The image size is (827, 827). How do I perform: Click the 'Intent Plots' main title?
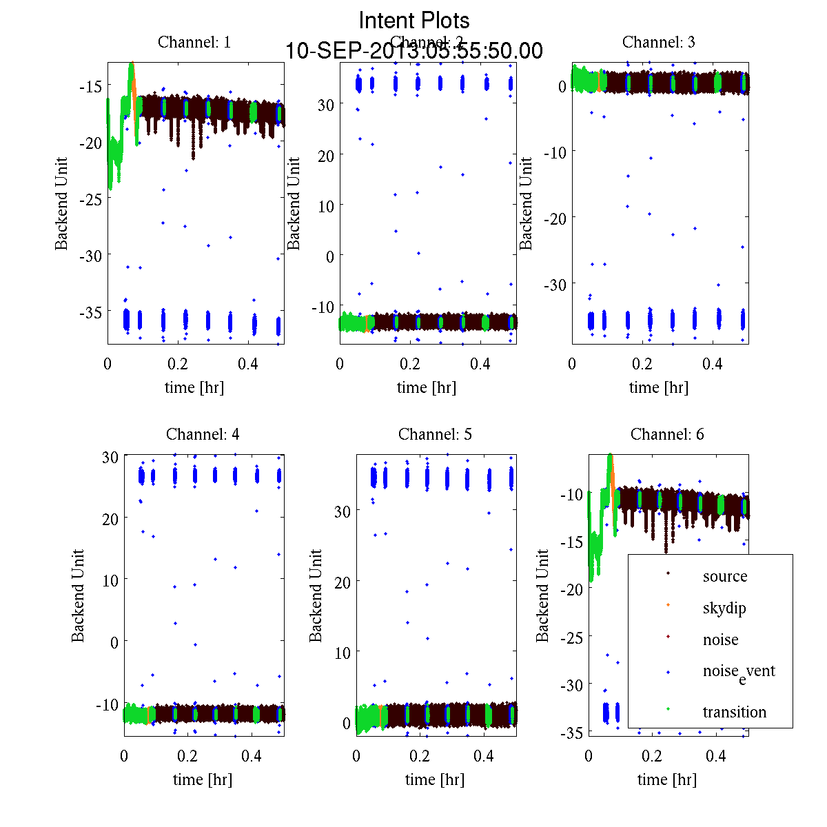point(414,20)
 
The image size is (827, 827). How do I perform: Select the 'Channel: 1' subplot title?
point(194,42)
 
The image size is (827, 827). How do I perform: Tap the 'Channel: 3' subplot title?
point(658,42)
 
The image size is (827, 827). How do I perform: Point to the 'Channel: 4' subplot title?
point(203,434)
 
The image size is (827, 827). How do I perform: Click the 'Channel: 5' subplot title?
point(435,434)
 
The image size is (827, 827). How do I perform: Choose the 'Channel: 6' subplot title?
point(667,434)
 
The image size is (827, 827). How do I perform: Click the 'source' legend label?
point(725,576)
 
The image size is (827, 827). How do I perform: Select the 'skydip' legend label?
point(724,608)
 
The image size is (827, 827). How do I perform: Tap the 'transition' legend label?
point(734,712)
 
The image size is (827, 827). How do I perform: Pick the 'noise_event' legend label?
point(739,672)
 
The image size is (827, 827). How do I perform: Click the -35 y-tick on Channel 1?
point(90,312)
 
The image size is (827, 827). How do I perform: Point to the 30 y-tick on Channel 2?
point(325,104)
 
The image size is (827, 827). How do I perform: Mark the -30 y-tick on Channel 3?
point(555,284)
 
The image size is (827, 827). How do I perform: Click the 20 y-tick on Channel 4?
point(110,518)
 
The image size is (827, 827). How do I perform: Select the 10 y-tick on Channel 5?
point(343,652)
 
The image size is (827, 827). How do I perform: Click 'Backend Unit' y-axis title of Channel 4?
point(78,595)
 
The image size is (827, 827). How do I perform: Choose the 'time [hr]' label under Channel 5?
point(435,779)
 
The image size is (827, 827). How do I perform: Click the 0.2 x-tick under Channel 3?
point(642,364)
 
